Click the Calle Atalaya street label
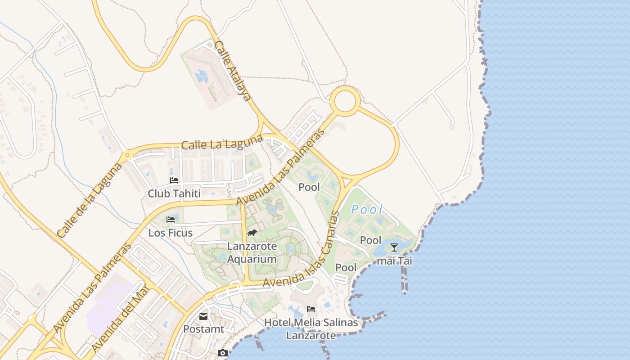point(232,71)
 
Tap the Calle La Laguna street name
point(221,144)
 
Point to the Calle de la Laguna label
point(90,200)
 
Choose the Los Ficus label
point(171,233)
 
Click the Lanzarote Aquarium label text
point(252,252)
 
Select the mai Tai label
point(394,261)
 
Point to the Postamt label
point(203,329)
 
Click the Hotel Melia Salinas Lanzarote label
point(311,329)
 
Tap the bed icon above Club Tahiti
point(174,180)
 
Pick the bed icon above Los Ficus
point(171,220)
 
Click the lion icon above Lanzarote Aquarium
point(252,233)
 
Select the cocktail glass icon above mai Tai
point(394,247)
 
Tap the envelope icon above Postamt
point(203,316)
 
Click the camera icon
point(222,353)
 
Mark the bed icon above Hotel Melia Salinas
point(311,309)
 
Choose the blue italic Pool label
point(367,209)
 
